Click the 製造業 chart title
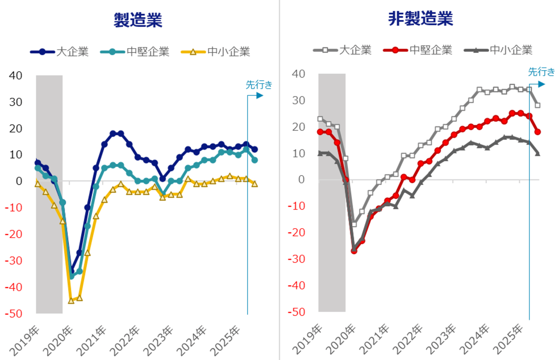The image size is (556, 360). tap(138, 20)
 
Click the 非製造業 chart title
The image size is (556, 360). tap(420, 18)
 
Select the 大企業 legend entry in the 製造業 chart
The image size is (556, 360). tap(60, 52)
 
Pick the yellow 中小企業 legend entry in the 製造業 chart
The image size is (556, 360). tap(216, 52)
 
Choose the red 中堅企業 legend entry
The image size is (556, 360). tap(418, 50)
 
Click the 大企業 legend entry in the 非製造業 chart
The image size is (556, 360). tap(343, 50)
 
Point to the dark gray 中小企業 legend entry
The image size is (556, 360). tap(498, 50)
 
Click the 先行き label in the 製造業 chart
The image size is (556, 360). tap(259, 84)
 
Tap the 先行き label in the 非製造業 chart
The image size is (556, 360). tap(541, 72)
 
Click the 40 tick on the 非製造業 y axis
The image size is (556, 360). tap(298, 74)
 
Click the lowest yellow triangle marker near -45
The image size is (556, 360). tap(71, 301)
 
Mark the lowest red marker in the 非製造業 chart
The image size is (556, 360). tap(354, 251)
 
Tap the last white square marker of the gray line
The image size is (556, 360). tap(537, 105)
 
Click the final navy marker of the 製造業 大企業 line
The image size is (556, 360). tap(255, 149)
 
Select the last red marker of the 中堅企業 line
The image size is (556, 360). tap(537, 132)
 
